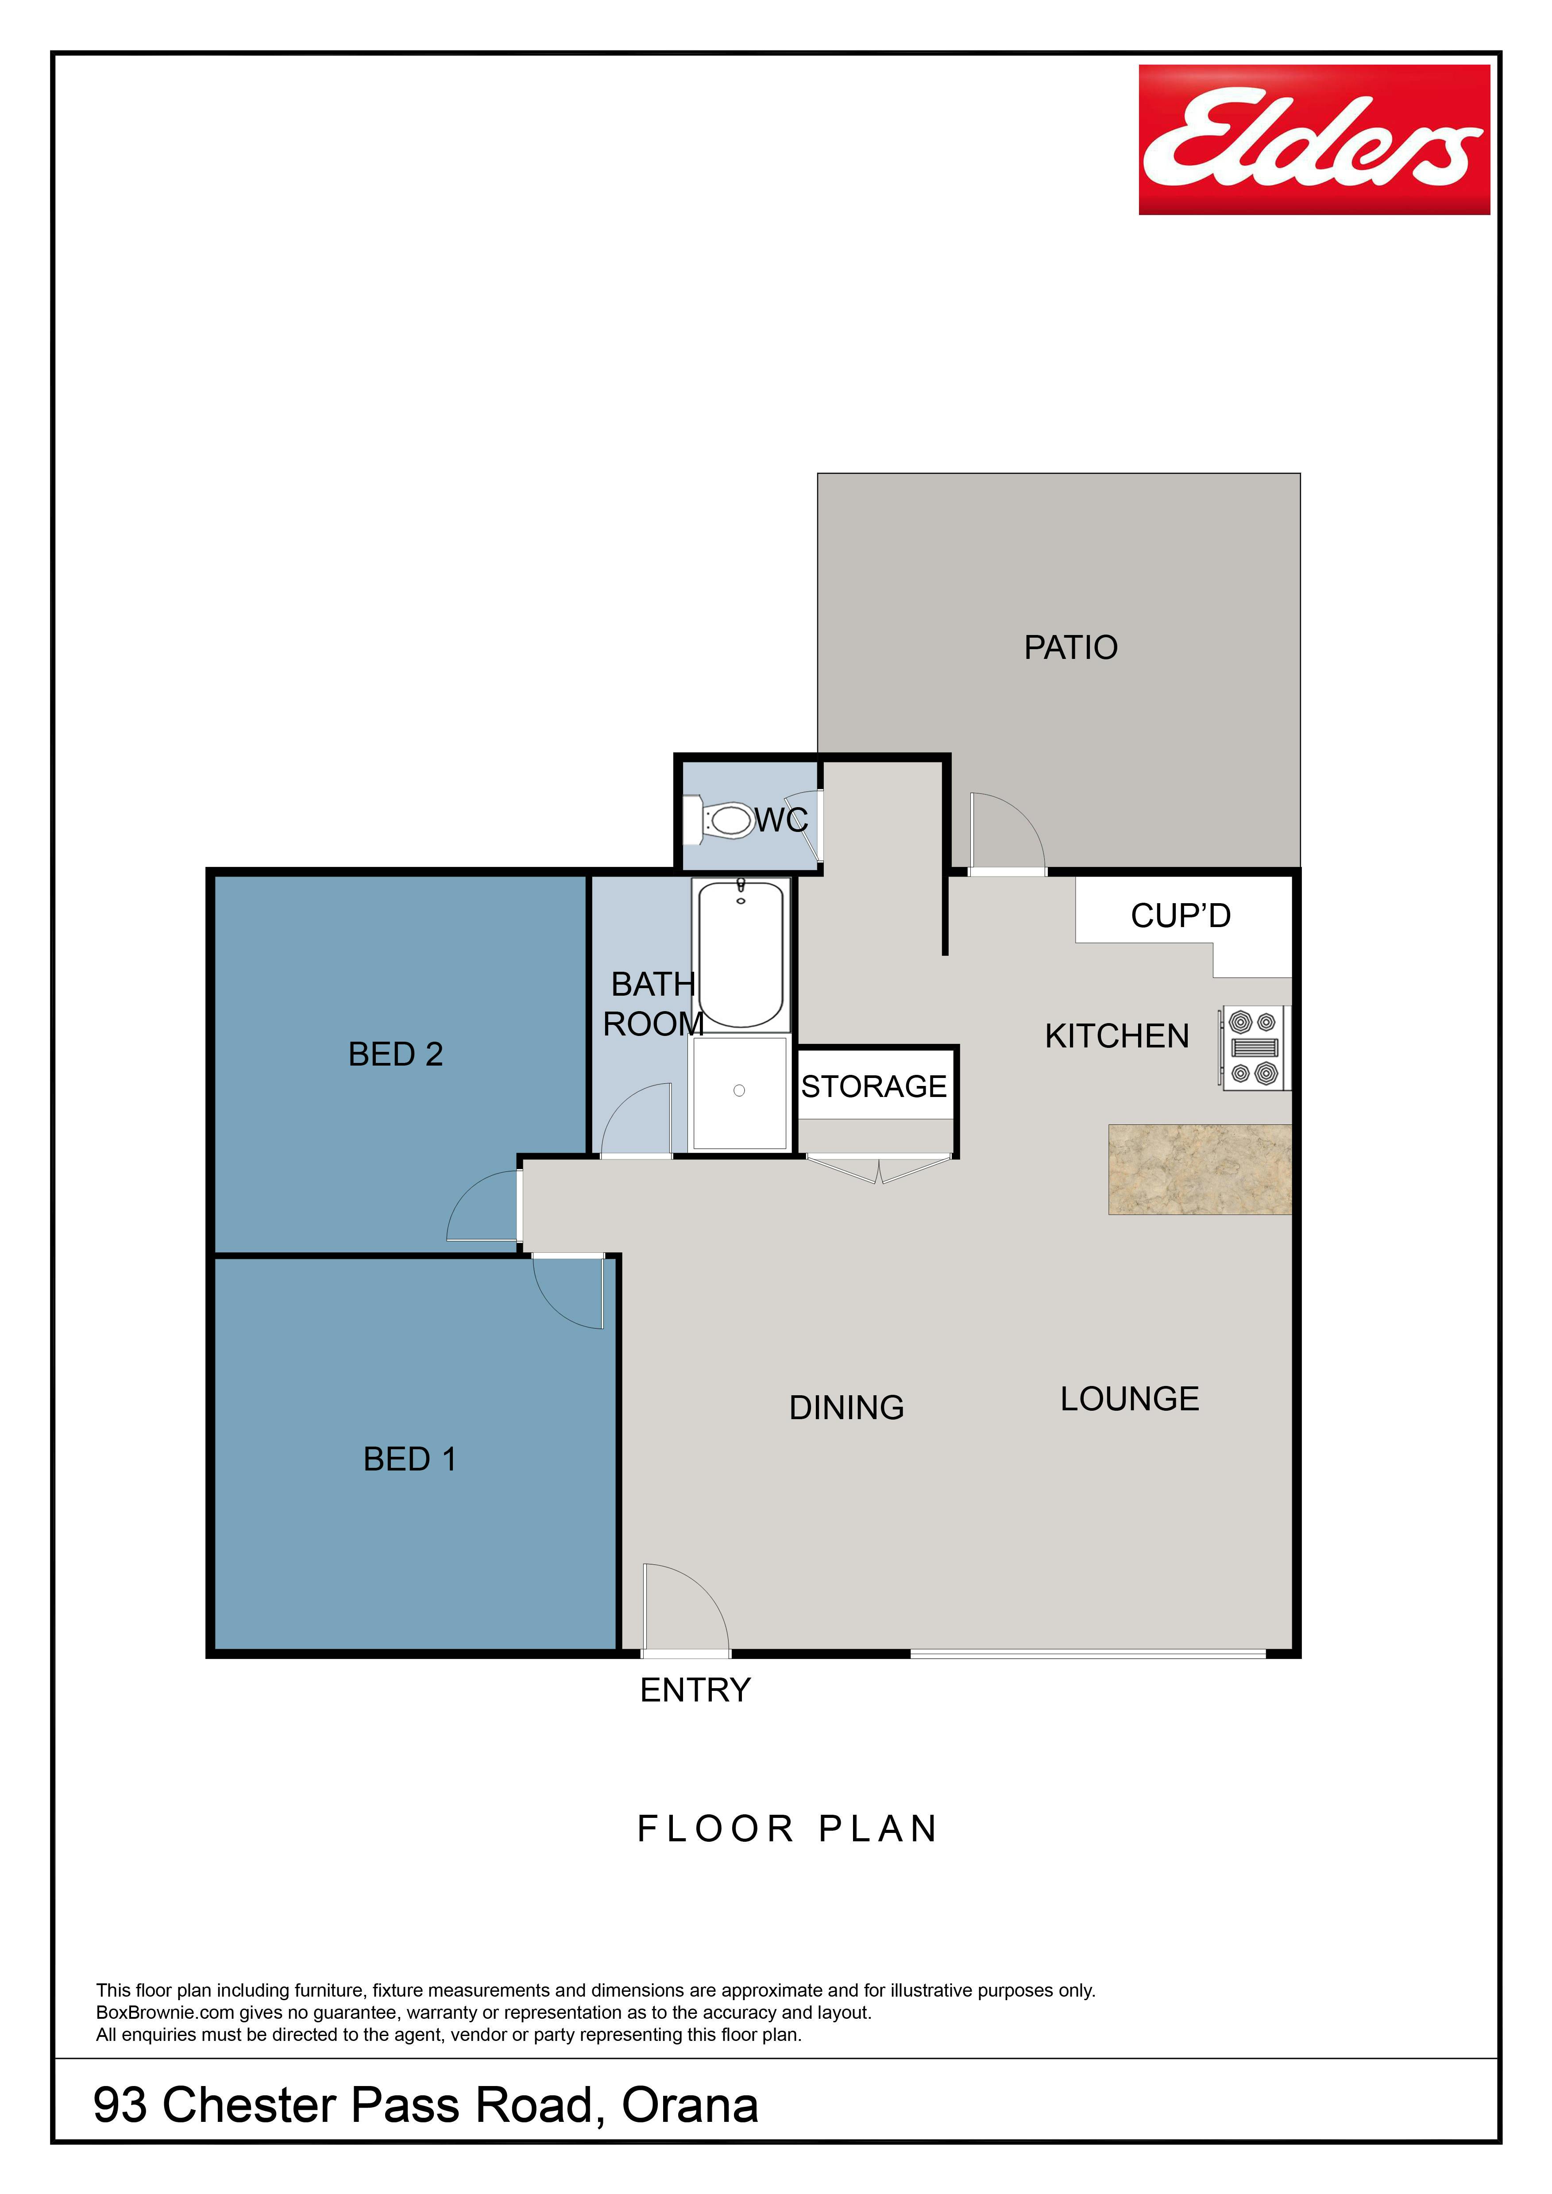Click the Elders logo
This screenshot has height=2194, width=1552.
(1314, 139)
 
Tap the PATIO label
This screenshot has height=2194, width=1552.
(1070, 648)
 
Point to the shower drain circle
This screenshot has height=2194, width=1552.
(739, 1090)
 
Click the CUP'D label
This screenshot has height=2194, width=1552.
(1180, 916)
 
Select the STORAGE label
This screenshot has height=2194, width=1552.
(873, 1086)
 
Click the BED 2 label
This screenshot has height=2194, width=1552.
(396, 1054)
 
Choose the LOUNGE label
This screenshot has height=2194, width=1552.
(1130, 1399)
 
